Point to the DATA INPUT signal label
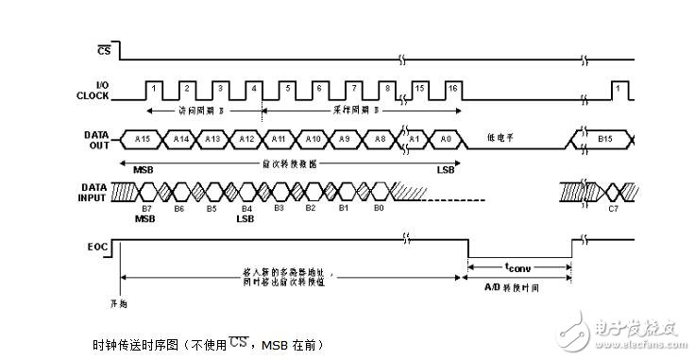tap(97, 192)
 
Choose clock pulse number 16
tap(452, 89)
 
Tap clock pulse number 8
tap(388, 89)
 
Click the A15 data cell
tap(143, 140)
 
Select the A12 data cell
tap(245, 140)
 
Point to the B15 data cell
tap(607, 140)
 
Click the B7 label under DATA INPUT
tap(146, 208)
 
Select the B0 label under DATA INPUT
tap(378, 208)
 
